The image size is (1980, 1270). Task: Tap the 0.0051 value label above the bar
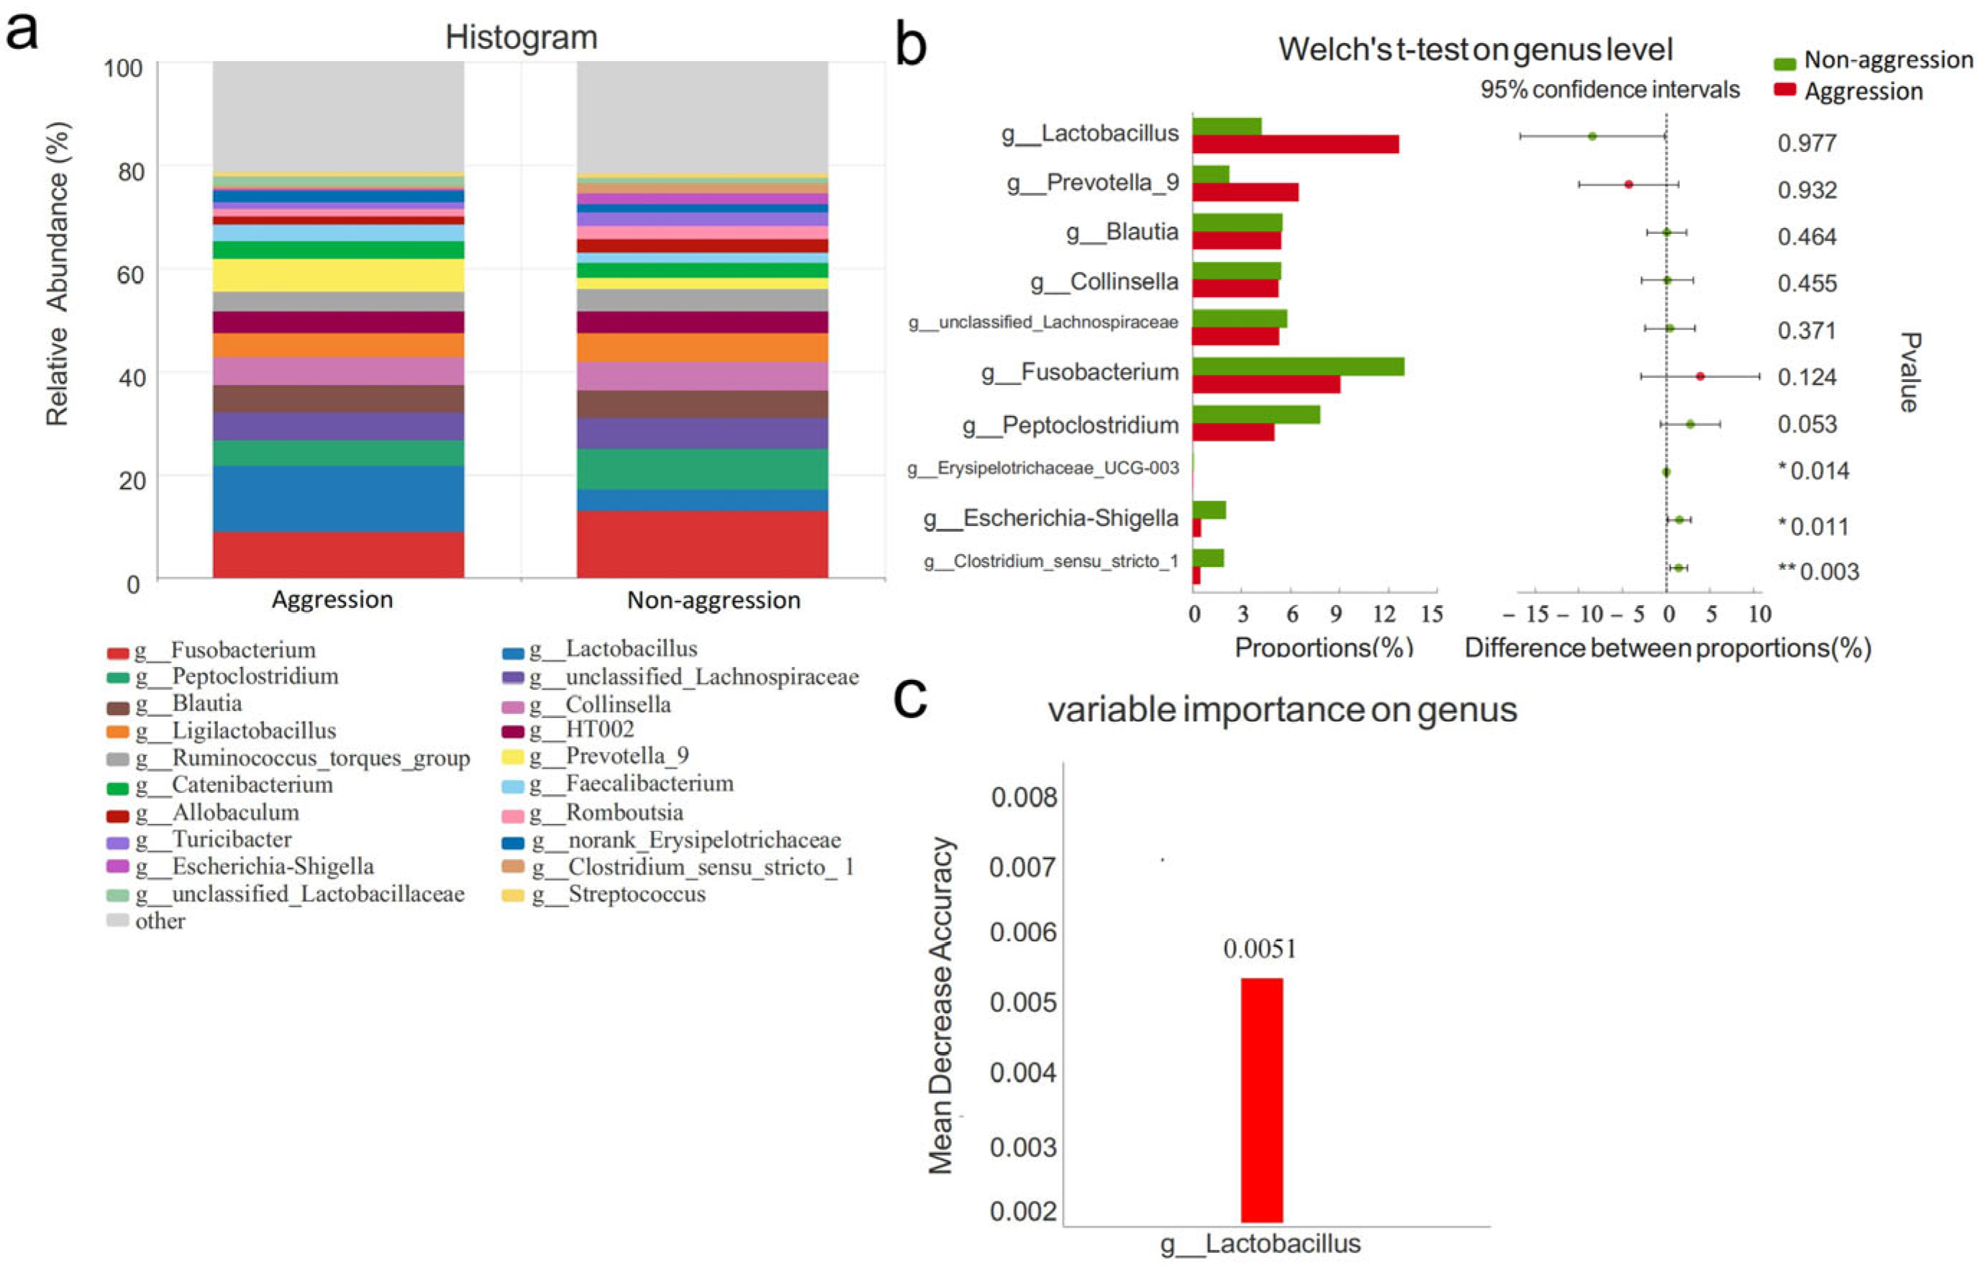click(x=1259, y=949)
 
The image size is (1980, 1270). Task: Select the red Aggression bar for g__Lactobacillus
click(x=1295, y=145)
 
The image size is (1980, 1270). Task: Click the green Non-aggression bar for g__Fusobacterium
click(x=1297, y=367)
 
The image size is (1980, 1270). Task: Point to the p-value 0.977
click(x=1806, y=143)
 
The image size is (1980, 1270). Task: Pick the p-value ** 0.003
click(x=1817, y=571)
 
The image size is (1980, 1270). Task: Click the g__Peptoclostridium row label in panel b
click(x=1071, y=425)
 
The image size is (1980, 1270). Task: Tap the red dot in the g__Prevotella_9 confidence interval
click(x=1628, y=185)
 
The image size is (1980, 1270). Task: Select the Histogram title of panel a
click(x=521, y=38)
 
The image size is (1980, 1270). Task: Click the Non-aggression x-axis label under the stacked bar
click(x=713, y=599)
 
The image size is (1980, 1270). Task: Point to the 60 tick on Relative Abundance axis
click(x=130, y=275)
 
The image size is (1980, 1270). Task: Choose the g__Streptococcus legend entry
click(x=635, y=894)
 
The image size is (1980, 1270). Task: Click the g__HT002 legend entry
click(x=599, y=730)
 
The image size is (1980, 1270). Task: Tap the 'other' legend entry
click(x=160, y=921)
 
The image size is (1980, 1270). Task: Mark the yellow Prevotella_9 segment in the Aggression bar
click(x=338, y=276)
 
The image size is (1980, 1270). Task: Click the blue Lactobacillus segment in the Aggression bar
click(x=338, y=498)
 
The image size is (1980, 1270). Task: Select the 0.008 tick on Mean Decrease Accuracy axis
click(x=1022, y=797)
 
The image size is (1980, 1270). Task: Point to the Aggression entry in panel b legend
click(x=1863, y=91)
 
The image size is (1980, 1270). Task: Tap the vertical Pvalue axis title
click(x=1909, y=372)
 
